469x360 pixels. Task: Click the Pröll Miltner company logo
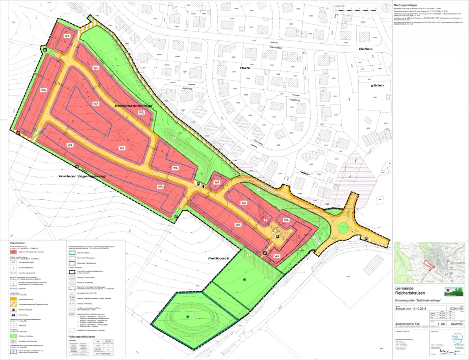457,338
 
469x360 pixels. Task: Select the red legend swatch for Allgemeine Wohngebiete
14,252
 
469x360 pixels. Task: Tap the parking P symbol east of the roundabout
367,239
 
